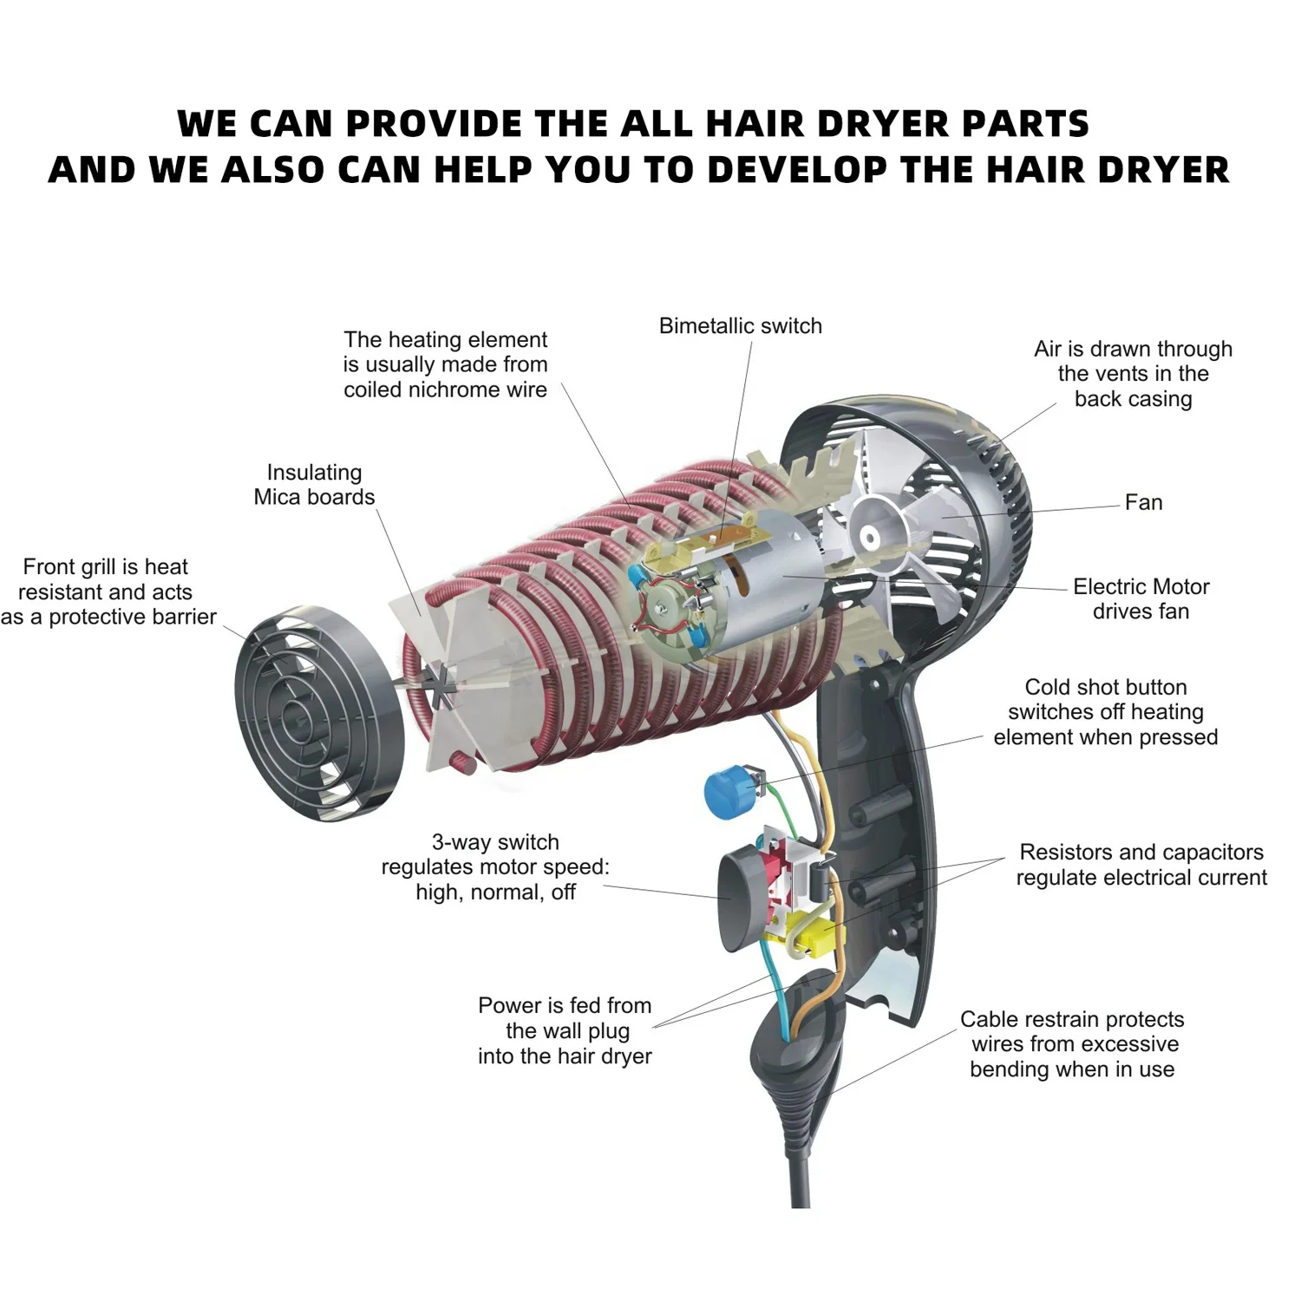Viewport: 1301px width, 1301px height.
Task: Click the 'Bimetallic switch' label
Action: pyautogui.click(x=740, y=326)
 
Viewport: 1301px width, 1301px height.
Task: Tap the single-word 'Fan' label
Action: pyautogui.click(x=1143, y=503)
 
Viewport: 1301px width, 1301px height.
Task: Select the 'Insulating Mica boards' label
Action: pyautogui.click(x=314, y=485)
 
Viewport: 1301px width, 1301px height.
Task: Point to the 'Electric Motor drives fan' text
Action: pyautogui.click(x=1141, y=598)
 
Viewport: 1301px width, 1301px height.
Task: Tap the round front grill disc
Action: pyautogui.click(x=319, y=713)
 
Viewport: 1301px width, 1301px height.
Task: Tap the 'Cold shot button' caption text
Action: pyautogui.click(x=1105, y=687)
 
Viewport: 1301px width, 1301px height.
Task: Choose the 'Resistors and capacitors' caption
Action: pyautogui.click(x=1141, y=852)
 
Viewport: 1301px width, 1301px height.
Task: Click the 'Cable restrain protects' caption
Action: pyautogui.click(x=1072, y=1019)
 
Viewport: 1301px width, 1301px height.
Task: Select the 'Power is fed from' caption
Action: pyautogui.click(x=565, y=1005)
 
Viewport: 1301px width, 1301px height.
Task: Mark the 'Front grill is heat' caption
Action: pyautogui.click(x=105, y=567)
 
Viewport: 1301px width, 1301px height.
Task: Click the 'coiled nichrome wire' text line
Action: pyautogui.click(x=445, y=389)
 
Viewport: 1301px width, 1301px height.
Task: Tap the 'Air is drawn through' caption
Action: pyautogui.click(x=1133, y=349)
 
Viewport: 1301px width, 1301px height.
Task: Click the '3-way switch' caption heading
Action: pyautogui.click(x=495, y=842)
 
